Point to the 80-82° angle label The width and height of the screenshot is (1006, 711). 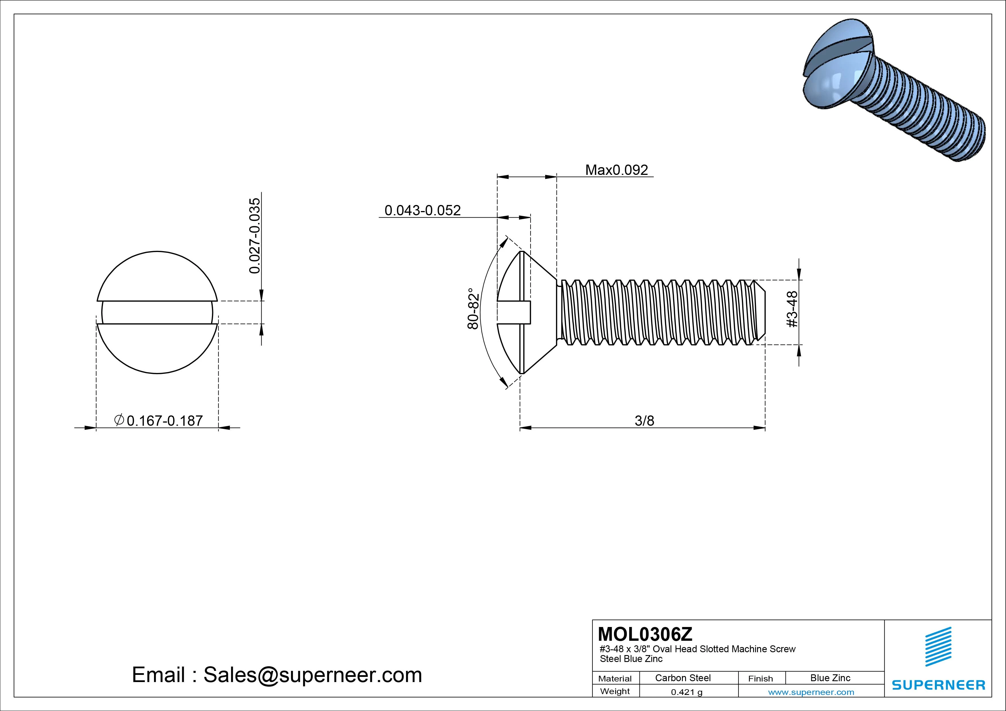pos(473,308)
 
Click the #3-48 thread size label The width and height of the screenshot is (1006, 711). pos(792,309)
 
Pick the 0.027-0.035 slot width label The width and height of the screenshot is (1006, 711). pos(255,236)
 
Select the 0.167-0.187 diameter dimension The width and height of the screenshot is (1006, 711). pos(164,421)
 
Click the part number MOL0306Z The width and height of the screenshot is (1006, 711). pos(645,634)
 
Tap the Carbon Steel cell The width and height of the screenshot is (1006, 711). pos(683,678)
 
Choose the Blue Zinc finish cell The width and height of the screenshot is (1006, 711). pos(830,678)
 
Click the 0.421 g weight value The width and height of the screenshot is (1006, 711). pos(687,692)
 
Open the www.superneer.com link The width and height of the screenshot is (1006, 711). pos(811,692)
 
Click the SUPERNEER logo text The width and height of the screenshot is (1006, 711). pos(939,685)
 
